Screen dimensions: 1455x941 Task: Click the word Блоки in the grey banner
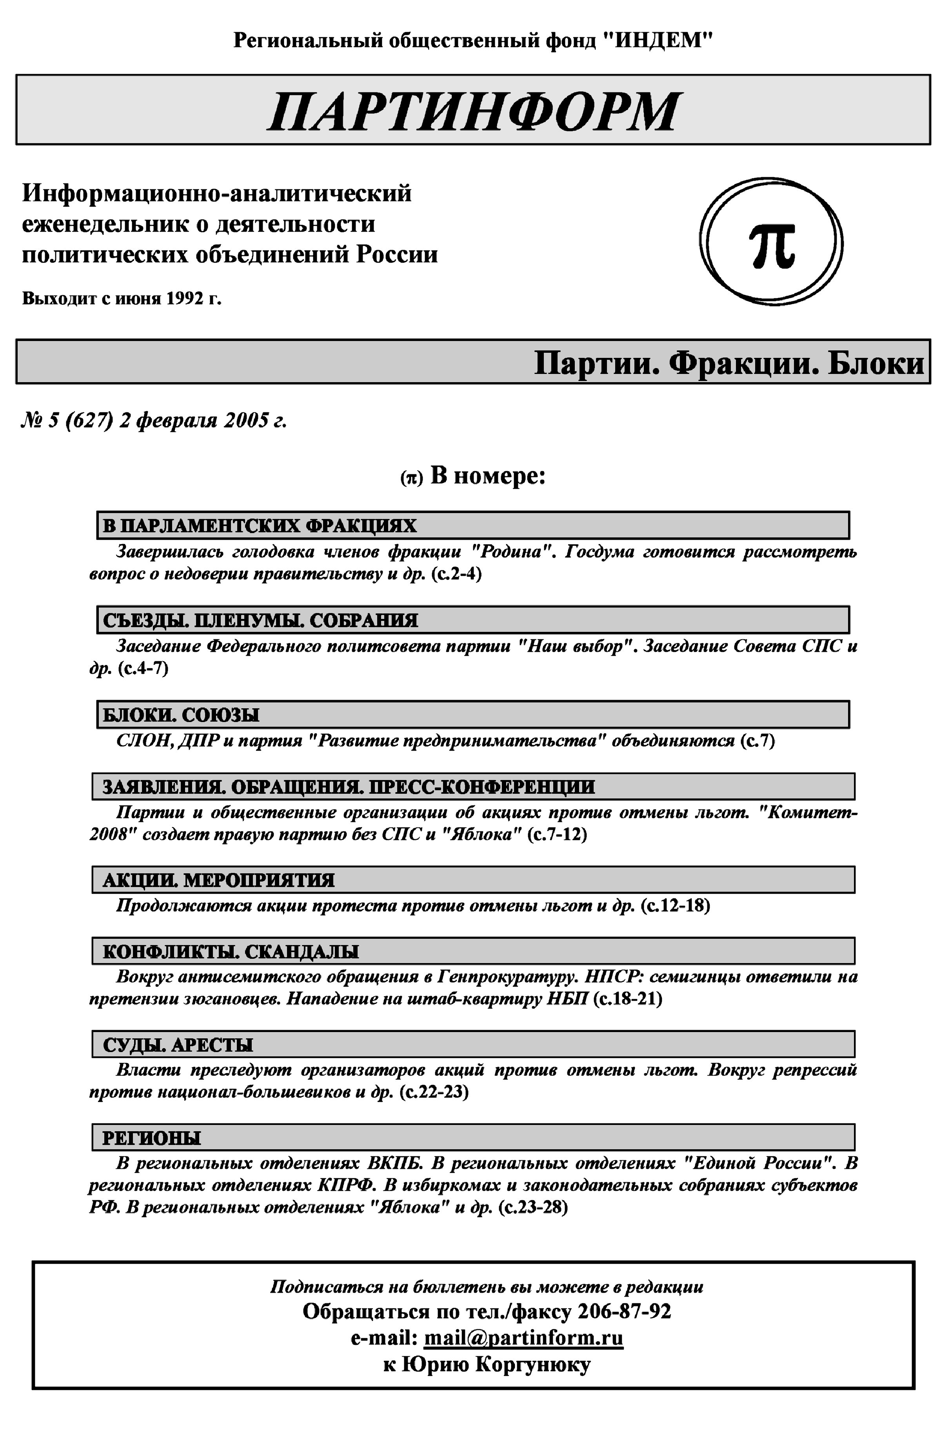coord(876,363)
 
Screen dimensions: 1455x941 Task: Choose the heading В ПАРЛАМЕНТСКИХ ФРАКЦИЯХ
coord(259,525)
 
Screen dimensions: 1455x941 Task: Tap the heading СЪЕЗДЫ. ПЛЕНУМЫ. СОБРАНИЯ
coord(260,620)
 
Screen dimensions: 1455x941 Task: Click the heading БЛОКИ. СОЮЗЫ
coord(181,715)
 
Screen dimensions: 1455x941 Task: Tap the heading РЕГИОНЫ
coord(151,1138)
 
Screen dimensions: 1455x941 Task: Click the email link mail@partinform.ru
coord(524,1338)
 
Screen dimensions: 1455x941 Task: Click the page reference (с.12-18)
coord(675,905)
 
